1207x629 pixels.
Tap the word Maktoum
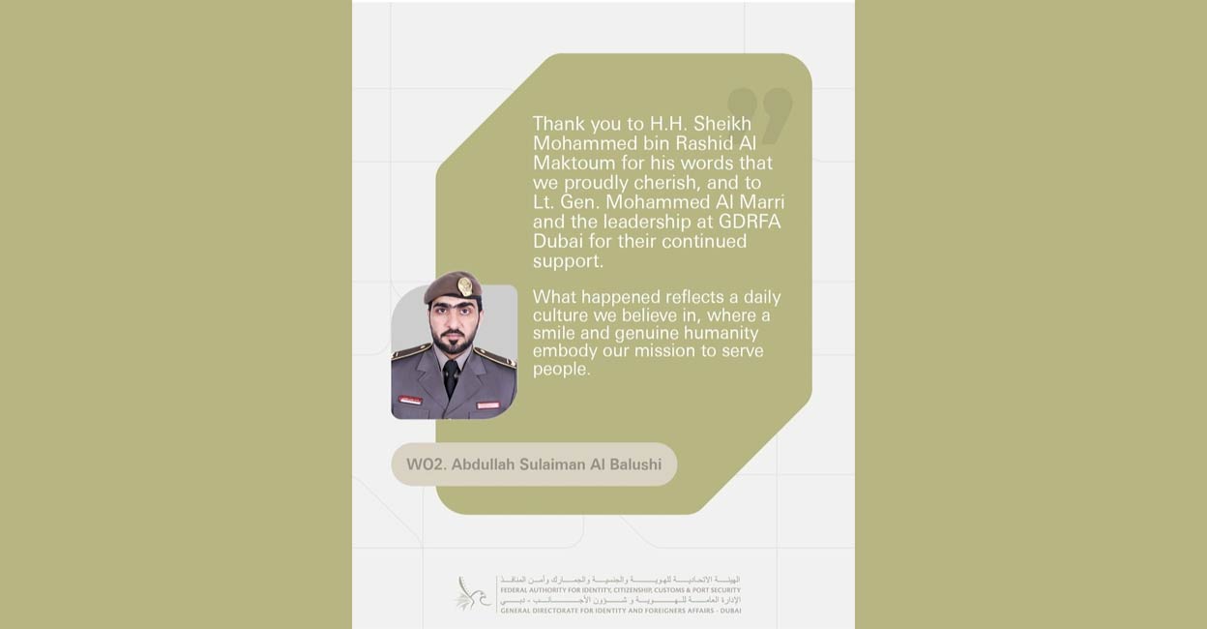(572, 164)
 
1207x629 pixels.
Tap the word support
(568, 261)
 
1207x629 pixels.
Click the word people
(561, 370)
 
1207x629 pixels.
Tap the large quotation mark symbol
(760, 114)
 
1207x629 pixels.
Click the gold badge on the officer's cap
(465, 285)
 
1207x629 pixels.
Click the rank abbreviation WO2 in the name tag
(423, 464)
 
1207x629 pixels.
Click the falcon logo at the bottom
(473, 593)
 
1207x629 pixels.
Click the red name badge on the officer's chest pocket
(411, 400)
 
